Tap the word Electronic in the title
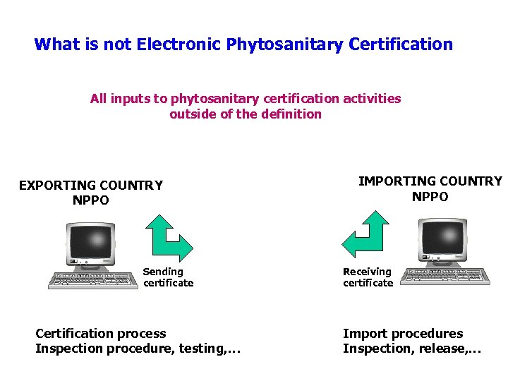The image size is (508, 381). (179, 45)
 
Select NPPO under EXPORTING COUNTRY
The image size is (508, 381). (91, 200)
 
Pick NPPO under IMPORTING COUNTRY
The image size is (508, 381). (430, 196)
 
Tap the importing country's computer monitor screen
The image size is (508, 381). (442, 238)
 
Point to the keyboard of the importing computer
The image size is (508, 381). (449, 276)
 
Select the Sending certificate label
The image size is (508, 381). (168, 277)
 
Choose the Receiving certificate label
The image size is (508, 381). (368, 277)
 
